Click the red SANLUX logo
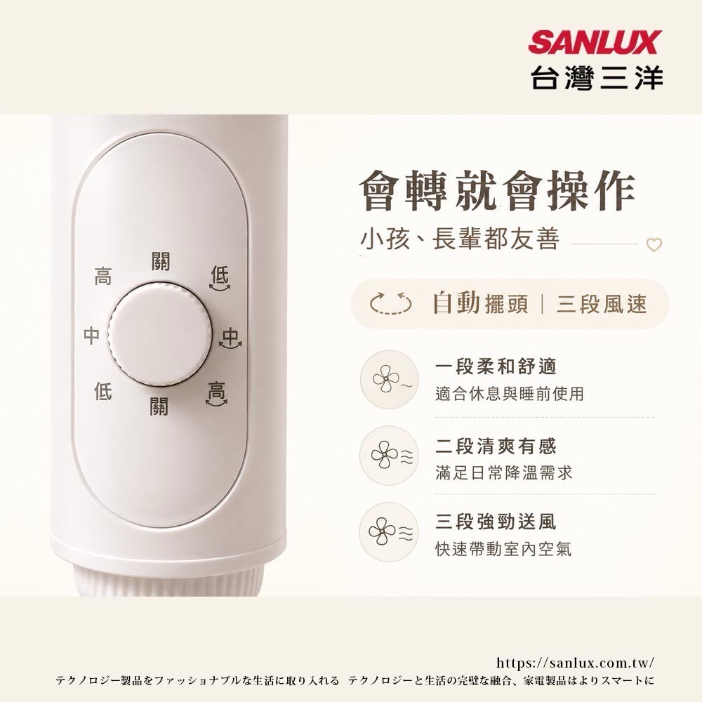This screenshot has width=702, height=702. tap(595, 42)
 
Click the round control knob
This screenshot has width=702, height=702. tap(159, 334)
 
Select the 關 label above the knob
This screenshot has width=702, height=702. tap(160, 261)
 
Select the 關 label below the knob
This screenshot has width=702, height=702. tap(159, 406)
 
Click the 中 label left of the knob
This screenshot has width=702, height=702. tap(91, 335)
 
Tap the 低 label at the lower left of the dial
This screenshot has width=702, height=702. tap(102, 391)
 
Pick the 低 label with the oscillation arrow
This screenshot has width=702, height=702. tap(220, 278)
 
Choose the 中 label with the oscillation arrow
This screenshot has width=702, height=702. tap(230, 338)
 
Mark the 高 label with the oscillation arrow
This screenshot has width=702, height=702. tap(217, 394)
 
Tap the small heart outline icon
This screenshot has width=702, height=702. tap(654, 244)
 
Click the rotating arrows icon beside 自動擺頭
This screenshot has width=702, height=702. tap(390, 303)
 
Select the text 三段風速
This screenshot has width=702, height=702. tap(602, 304)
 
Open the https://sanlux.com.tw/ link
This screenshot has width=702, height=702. tap(575, 663)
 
